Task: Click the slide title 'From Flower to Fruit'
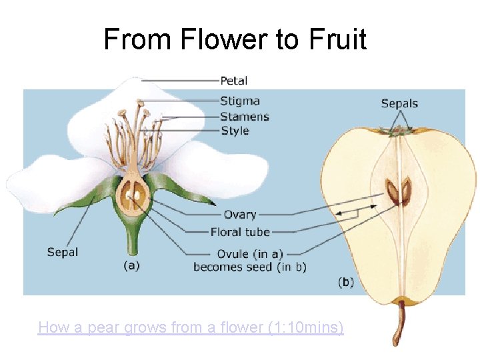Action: [x=235, y=39]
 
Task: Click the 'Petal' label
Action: [x=233, y=81]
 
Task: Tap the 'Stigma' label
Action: [x=240, y=101]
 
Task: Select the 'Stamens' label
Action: [x=245, y=117]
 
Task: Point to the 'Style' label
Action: [x=235, y=131]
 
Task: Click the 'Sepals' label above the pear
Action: [x=399, y=103]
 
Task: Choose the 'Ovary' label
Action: [x=240, y=215]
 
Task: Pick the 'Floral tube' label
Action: [x=240, y=232]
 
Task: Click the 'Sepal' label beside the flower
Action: [x=63, y=252]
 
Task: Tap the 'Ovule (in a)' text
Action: [x=241, y=254]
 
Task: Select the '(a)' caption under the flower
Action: [x=132, y=265]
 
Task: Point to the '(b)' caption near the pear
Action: [x=346, y=282]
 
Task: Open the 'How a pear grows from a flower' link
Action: [x=191, y=327]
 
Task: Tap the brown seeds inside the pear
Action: [x=399, y=192]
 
